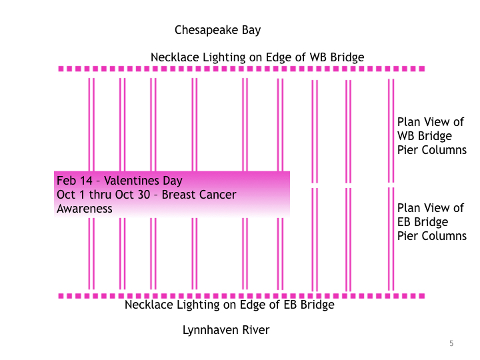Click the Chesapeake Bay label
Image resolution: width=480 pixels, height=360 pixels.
(x=217, y=30)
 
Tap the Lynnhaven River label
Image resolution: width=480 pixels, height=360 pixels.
(x=226, y=330)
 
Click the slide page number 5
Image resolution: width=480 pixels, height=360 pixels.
(x=451, y=343)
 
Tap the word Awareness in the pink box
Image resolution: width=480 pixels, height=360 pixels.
(x=84, y=209)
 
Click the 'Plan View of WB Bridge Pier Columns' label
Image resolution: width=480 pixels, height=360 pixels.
(x=431, y=136)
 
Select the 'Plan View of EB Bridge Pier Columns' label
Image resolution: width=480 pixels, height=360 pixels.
(x=431, y=222)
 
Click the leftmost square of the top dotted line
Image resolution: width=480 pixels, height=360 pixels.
(x=61, y=69)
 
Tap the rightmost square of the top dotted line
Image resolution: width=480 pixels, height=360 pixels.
(x=422, y=69)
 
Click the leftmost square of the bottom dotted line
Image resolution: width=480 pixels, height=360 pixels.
(x=61, y=295)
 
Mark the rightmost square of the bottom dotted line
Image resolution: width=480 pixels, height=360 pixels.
(x=422, y=295)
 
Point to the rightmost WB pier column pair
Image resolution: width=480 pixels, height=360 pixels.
(x=391, y=130)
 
